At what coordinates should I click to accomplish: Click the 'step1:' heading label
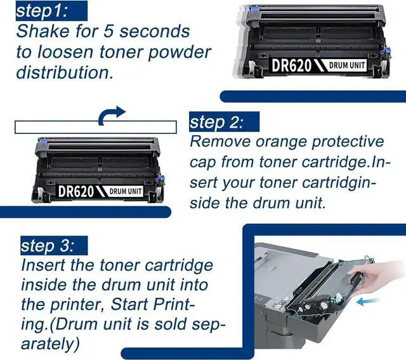click(x=43, y=11)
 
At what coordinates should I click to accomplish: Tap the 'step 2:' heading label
click(x=217, y=122)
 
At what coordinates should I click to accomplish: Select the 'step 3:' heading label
click(x=48, y=246)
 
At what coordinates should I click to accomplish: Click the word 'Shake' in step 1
click(x=43, y=31)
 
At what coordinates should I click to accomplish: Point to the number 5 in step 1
click(x=109, y=31)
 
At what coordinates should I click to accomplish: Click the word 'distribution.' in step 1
click(x=65, y=72)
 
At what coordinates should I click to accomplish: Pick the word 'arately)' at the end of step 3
click(x=50, y=343)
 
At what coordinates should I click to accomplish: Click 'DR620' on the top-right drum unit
click(x=291, y=65)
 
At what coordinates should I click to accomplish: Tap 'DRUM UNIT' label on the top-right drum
click(x=347, y=65)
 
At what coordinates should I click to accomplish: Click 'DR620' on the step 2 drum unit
click(x=76, y=192)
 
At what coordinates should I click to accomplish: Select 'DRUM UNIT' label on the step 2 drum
click(x=126, y=192)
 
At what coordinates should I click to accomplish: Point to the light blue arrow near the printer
click(x=368, y=301)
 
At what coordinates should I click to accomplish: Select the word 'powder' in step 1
click(x=180, y=53)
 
